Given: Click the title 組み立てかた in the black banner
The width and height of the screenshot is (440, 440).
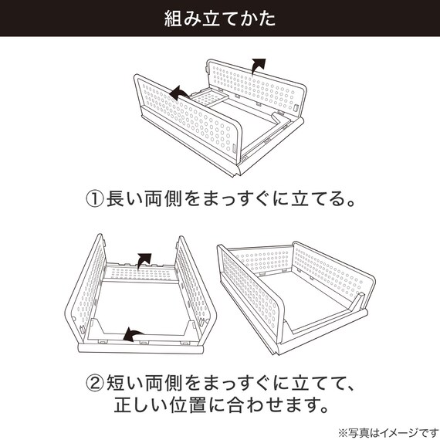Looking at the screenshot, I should click(219, 19).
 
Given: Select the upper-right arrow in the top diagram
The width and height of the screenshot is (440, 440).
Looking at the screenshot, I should click(259, 65).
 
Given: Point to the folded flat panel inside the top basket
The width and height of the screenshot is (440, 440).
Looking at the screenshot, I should click(204, 100).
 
